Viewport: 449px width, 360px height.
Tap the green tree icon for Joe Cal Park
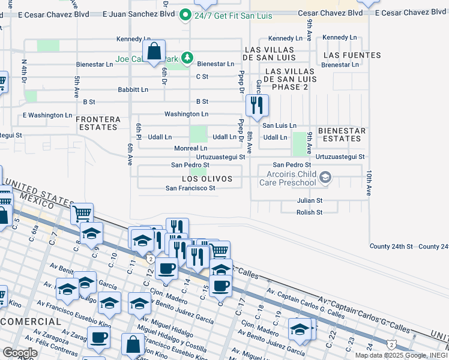point(187,58)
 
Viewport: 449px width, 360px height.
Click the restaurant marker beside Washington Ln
point(257,106)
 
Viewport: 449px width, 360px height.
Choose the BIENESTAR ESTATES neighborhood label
point(341,134)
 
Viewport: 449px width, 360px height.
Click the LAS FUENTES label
point(358,55)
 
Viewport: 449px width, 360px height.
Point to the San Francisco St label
point(190,188)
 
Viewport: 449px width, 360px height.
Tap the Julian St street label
point(310,200)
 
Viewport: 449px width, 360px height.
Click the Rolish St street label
point(310,212)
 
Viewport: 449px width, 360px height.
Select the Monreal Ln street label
point(190,148)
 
